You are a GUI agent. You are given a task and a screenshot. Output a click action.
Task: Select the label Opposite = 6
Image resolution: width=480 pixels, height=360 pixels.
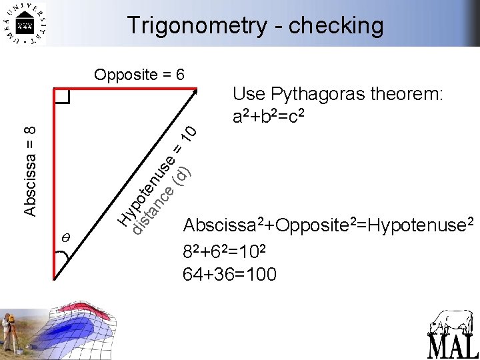click(139, 74)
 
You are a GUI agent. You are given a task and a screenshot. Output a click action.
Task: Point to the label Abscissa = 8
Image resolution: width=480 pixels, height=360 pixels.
click(30, 169)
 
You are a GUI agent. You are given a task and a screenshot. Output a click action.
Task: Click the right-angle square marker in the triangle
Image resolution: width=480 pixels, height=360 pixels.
click(62, 97)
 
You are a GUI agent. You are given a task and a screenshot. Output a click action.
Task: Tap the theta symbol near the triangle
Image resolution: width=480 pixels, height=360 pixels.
click(65, 238)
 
